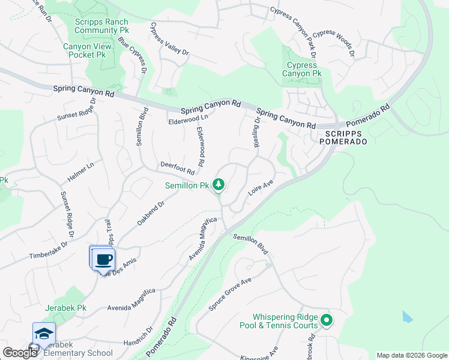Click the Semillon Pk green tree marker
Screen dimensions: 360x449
(219, 184)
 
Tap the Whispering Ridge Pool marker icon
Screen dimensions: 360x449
(326, 320)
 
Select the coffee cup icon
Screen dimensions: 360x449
(104, 259)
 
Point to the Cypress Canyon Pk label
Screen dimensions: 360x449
(302, 70)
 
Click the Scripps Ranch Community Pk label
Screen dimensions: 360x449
(102, 25)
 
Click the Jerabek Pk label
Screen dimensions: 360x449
(65, 308)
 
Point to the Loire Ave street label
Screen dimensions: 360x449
(261, 189)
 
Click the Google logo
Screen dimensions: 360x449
(20, 353)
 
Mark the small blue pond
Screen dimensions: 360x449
(408, 316)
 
